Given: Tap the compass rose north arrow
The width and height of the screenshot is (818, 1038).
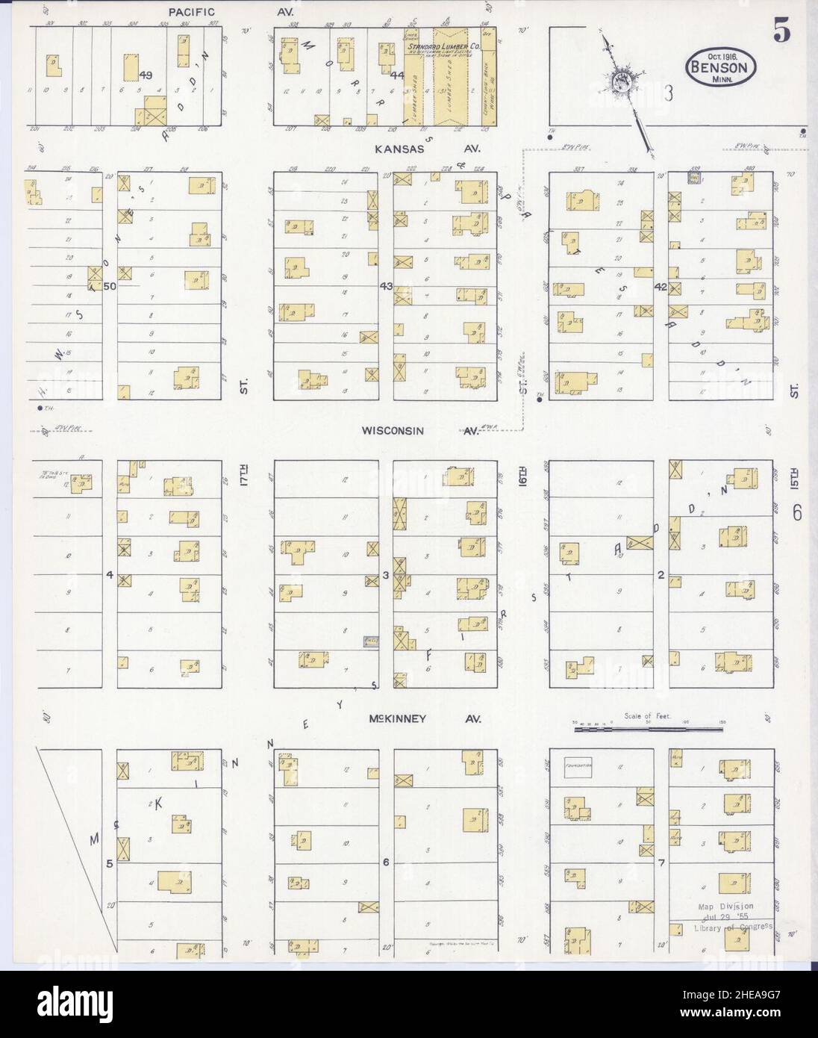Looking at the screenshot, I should coord(623,82).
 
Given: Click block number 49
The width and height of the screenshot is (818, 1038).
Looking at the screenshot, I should coord(146,75).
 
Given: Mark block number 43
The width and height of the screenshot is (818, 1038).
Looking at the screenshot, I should coord(386,286).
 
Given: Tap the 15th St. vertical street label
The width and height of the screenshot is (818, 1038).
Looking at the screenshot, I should coord(794,478).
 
